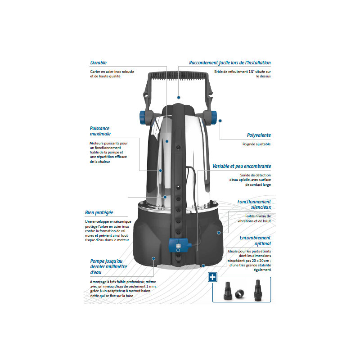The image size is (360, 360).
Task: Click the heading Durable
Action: (x=98, y=63)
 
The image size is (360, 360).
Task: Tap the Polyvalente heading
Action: (x=258, y=135)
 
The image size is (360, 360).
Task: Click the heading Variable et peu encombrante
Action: (x=241, y=166)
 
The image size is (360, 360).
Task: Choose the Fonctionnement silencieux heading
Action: (x=254, y=205)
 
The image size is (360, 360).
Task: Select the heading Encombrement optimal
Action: (x=255, y=240)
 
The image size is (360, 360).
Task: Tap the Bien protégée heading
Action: (x=99, y=212)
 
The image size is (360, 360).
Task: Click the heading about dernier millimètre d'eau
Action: (x=108, y=266)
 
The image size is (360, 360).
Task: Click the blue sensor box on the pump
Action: (x=179, y=245)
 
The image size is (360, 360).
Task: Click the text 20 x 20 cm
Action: (x=258, y=260)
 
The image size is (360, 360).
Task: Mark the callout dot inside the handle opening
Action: (x=179, y=97)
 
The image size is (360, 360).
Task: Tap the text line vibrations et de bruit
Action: (x=255, y=221)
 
